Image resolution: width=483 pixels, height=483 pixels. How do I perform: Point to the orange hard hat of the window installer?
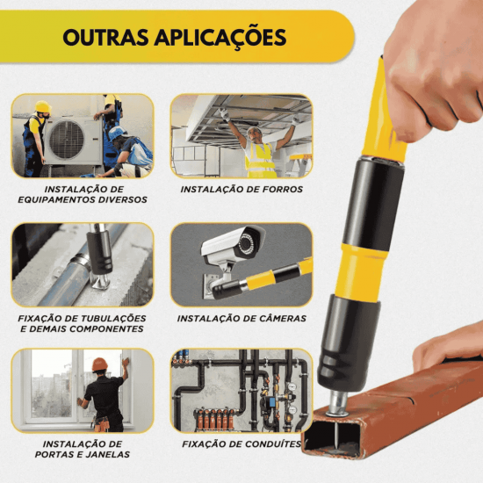pos(99,364)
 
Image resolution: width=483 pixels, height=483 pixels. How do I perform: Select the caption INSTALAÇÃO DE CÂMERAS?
pos(241,318)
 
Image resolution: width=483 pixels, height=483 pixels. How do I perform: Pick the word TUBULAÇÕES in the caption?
pos(112,317)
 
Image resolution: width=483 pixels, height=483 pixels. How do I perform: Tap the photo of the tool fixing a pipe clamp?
pos(83,263)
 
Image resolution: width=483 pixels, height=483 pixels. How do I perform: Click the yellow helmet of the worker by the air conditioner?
pos(41,108)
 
